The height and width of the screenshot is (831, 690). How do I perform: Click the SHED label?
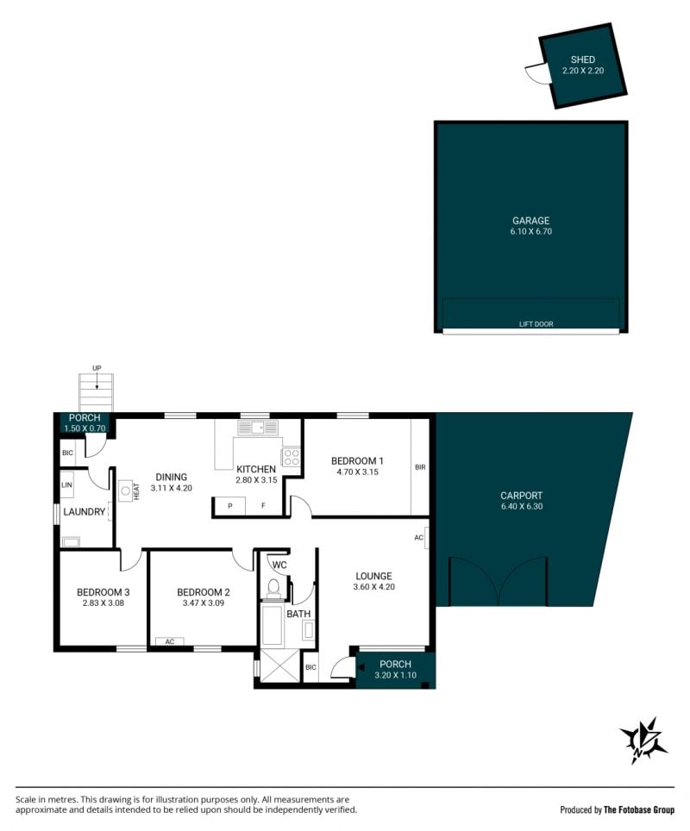[x=582, y=59]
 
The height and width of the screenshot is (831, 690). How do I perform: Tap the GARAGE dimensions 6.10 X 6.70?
[x=531, y=232]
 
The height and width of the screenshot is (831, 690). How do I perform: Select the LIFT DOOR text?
[x=536, y=324]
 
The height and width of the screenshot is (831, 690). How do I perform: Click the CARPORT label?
[x=521, y=496]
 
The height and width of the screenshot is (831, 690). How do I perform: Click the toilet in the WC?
[x=273, y=588]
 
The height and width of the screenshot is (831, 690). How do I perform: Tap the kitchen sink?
[x=257, y=428]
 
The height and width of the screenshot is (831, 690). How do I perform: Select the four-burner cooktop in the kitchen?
[x=291, y=457]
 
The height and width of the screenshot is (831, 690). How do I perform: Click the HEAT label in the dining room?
[x=136, y=491]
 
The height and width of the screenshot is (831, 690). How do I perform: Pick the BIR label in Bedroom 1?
[x=420, y=467]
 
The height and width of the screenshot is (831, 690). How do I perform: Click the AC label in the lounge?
[x=418, y=537]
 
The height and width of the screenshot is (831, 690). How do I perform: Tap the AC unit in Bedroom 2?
[x=169, y=641]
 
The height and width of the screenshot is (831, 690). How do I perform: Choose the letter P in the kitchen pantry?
[x=230, y=506]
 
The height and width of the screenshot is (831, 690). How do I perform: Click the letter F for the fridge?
[x=264, y=506]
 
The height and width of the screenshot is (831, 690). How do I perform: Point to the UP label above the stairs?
[x=97, y=368]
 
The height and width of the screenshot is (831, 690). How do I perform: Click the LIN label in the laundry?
[x=66, y=485]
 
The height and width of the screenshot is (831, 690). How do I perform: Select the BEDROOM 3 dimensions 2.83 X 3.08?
[x=103, y=603]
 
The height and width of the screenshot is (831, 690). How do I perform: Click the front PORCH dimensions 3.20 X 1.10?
[x=395, y=675]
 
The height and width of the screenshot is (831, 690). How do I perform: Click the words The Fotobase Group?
[x=639, y=809]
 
